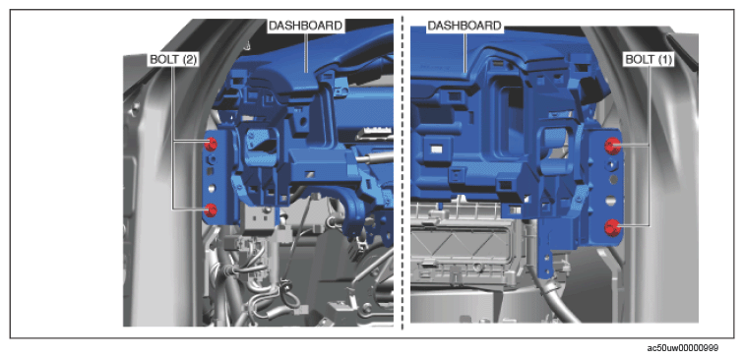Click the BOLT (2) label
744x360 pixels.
173,60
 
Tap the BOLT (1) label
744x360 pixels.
650,60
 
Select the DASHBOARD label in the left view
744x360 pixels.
305,26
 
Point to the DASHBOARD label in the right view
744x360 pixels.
465,26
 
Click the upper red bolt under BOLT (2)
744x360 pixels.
211,143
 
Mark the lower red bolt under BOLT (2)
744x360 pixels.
211,210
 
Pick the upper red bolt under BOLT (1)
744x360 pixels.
612,146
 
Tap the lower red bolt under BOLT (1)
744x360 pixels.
612,227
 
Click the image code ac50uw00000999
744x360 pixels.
683,348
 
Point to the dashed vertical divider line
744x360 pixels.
403,173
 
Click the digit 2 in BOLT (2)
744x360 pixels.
190,60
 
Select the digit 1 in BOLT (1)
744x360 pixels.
665,60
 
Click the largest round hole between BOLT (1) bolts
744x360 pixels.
611,201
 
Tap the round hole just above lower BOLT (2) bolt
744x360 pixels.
212,188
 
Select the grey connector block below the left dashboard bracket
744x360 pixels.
259,219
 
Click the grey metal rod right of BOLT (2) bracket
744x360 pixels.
374,157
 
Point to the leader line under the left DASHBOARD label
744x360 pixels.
306,53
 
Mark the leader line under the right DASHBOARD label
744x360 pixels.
465,53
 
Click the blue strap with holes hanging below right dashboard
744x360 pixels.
547,252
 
